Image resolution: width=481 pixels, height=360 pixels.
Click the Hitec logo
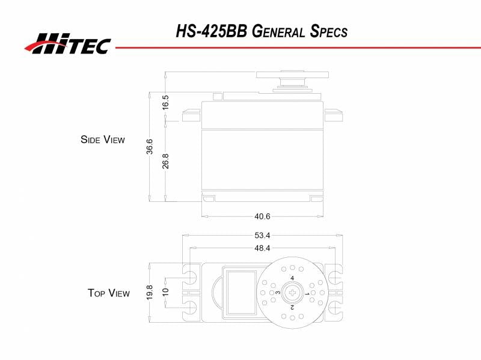tap(67, 43)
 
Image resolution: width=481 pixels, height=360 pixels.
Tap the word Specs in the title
tap(328, 31)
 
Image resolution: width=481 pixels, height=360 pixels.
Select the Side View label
tap(103, 139)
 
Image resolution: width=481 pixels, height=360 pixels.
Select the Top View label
tap(108, 293)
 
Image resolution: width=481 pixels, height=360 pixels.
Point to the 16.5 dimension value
tap(165, 102)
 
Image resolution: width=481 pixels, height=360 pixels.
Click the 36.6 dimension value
tap(150, 147)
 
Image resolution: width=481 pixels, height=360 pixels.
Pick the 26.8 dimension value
tap(165, 161)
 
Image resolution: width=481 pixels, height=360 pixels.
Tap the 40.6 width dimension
tap(262, 216)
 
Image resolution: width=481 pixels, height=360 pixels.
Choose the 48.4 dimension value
tap(262, 248)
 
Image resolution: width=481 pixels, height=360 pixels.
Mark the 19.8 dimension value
tap(150, 293)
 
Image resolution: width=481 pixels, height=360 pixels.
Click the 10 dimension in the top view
tap(165, 293)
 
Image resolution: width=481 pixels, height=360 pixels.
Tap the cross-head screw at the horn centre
tap(292, 293)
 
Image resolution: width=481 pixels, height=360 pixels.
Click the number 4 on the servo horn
tap(292, 278)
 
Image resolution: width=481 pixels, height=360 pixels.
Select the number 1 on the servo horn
tap(307, 294)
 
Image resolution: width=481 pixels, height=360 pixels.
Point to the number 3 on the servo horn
tap(278, 293)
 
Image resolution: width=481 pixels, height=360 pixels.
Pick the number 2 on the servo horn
tap(292, 307)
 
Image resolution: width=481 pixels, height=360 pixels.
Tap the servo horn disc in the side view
tap(292, 75)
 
